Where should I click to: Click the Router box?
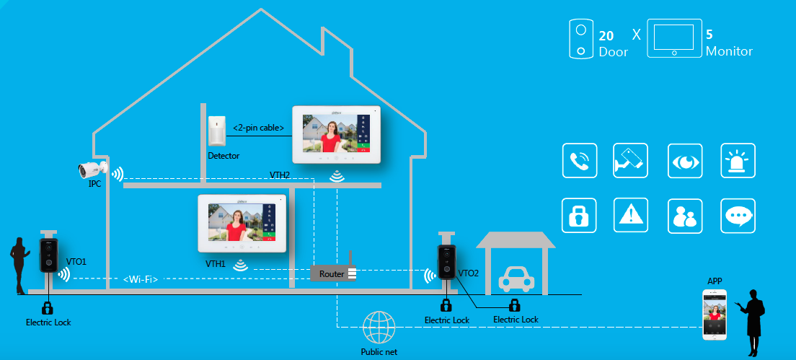tap(332, 274)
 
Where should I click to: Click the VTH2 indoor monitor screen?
tap(335, 134)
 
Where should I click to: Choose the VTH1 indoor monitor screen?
tap(242, 222)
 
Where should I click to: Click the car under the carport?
tap(516, 279)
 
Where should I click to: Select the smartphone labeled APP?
tap(715, 315)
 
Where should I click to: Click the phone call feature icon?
tap(580, 161)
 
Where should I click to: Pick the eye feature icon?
tap(684, 161)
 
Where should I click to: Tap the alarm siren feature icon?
tap(738, 161)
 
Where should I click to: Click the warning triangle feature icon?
tap(632, 216)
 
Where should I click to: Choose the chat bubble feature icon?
tap(738, 216)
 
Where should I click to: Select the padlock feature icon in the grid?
tap(580, 216)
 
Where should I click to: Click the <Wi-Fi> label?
tap(140, 278)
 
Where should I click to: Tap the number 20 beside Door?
tap(606, 35)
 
